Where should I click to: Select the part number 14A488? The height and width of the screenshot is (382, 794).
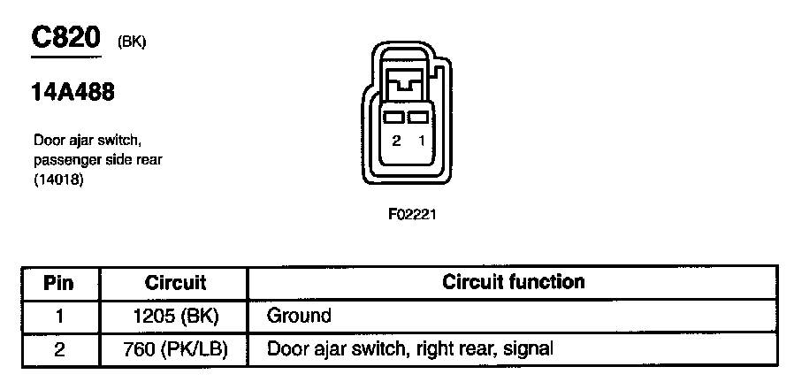point(73,92)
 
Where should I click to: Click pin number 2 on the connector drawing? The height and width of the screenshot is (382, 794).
point(396,141)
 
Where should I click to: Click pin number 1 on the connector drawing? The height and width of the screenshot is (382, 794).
point(421,141)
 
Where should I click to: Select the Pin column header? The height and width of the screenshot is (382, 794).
point(58,284)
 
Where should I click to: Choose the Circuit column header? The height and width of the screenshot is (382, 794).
point(175,284)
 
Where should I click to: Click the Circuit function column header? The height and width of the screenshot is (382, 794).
point(513,283)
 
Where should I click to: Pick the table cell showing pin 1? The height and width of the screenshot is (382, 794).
point(58,316)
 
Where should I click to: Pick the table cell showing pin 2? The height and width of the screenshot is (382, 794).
point(58,348)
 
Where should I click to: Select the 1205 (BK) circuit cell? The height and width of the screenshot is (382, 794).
point(175,316)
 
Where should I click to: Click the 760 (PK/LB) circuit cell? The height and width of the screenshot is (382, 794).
point(175,348)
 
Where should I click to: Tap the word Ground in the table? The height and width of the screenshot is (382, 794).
point(299,316)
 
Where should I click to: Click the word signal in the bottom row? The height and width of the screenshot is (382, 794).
point(528,349)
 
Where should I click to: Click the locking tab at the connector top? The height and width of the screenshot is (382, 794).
point(408,86)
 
